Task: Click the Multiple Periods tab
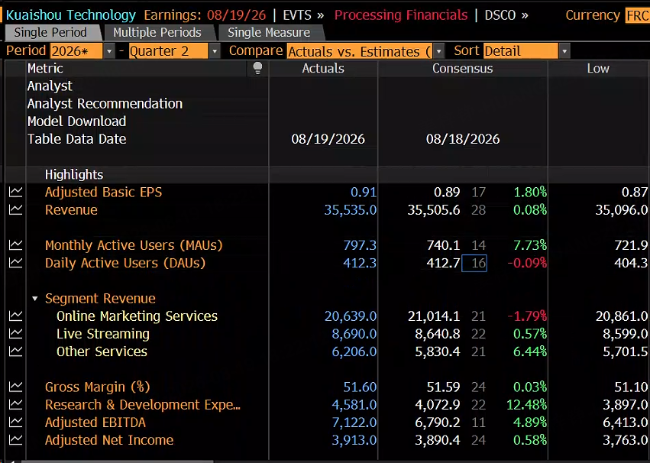pos(157,32)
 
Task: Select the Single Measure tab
pos(269,32)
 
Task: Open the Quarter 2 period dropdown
pos(215,51)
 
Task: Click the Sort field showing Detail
pos(521,51)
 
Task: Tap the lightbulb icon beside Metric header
pos(257,68)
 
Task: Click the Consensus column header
pos(463,69)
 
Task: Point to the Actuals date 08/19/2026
pos(328,139)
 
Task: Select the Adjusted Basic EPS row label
pos(104,193)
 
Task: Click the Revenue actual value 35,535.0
pos(351,210)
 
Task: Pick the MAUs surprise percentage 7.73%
pos(530,245)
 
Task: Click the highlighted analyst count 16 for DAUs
pos(474,264)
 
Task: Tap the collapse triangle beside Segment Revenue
pos(35,299)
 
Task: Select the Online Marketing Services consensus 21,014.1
pos(434,316)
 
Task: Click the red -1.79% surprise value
pos(527,316)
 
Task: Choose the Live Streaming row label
pos(103,334)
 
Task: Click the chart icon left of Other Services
pos(15,351)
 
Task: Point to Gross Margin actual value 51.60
pos(360,387)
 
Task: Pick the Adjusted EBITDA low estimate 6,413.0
pos(625,423)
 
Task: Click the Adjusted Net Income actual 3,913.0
pos(354,440)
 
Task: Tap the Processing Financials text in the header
pos(401,15)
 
